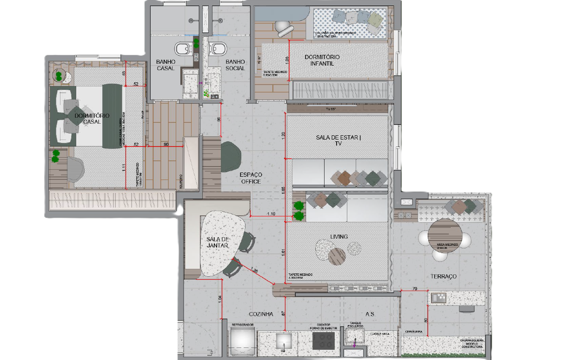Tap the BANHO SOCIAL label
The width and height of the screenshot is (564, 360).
click(235, 65)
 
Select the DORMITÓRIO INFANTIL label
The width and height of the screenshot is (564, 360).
click(322, 60)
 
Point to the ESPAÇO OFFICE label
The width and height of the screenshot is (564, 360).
click(251, 178)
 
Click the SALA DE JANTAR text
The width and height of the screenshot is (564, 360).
click(217, 242)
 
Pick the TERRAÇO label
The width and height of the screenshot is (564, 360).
click(443, 276)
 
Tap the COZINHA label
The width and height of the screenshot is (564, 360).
click(261, 314)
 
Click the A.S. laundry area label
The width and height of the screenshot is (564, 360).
click(370, 314)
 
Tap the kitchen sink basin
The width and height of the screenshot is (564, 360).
click(284, 341)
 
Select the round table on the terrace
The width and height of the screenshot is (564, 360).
click(445, 233)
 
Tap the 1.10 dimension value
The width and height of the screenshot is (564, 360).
click(271, 213)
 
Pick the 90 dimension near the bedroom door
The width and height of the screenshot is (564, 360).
click(166, 144)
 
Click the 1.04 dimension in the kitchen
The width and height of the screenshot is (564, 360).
click(219, 301)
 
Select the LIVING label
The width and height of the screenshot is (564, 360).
click(339, 237)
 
